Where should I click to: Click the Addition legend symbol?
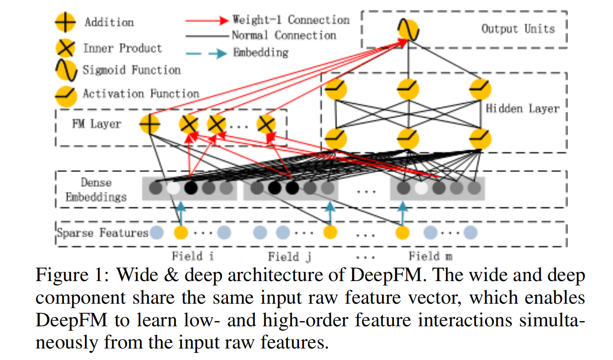click(65, 22)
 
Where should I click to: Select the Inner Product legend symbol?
click(65, 48)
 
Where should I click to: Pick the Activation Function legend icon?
click(65, 94)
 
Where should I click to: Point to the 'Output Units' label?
click(518, 29)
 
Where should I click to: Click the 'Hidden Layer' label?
click(523, 109)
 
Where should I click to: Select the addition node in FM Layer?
click(149, 124)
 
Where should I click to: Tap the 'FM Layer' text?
click(96, 124)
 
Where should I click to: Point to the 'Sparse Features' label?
click(102, 233)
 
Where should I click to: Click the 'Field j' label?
click(284, 257)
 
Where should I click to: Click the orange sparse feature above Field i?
click(181, 232)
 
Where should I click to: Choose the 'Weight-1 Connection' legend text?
click(291, 20)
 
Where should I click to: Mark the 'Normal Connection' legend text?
click(284, 35)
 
